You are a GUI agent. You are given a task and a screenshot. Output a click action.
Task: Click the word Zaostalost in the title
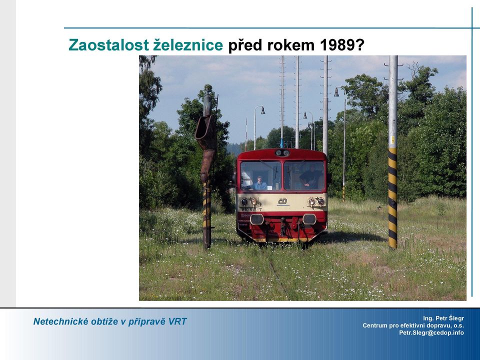(x=108, y=45)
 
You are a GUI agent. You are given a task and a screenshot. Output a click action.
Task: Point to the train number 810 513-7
(x=251, y=209)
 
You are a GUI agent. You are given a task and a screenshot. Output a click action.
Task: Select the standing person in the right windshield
(x=310, y=177)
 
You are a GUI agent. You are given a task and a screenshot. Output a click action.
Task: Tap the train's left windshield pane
(x=260, y=175)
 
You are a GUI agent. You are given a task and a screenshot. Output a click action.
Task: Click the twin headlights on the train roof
(x=282, y=152)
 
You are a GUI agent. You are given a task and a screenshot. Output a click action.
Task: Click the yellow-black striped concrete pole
(x=393, y=152)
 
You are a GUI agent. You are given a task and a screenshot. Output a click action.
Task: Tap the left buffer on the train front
(x=257, y=219)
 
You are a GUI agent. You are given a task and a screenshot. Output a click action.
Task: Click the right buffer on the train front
(x=309, y=219)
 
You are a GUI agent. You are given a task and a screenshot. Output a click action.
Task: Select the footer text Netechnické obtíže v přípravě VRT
(x=110, y=321)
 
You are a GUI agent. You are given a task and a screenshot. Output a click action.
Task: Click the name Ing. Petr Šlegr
(x=443, y=318)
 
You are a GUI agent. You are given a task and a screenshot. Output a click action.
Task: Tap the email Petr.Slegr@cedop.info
(x=431, y=333)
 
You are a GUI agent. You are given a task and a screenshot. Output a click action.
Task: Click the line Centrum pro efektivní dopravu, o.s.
(x=413, y=325)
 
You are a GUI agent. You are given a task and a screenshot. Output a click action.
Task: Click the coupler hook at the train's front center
(x=284, y=226)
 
